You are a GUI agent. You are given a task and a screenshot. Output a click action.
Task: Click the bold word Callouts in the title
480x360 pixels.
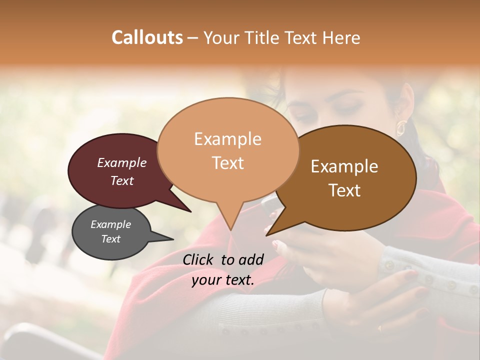pos(147,37)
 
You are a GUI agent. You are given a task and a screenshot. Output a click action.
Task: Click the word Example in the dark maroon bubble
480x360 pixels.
pos(121,162)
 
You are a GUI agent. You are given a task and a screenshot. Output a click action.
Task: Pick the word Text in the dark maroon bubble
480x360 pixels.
pos(121,180)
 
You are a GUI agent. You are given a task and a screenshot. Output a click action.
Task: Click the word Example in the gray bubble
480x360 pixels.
pos(110,224)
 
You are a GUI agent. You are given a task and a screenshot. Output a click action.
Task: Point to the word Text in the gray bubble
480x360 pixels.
pos(110,239)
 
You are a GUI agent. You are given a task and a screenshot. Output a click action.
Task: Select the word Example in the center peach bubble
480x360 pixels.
pos(227,139)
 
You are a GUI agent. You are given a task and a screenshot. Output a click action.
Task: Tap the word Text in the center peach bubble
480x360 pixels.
pos(227,162)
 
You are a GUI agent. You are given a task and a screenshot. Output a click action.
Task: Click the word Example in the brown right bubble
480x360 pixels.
pos(344,166)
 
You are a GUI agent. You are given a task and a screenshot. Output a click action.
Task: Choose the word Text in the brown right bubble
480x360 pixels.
pos(344,190)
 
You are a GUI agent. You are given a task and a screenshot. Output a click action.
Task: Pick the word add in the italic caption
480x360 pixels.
pos(250,259)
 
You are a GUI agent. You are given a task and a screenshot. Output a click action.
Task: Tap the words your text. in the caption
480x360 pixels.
pos(222,280)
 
